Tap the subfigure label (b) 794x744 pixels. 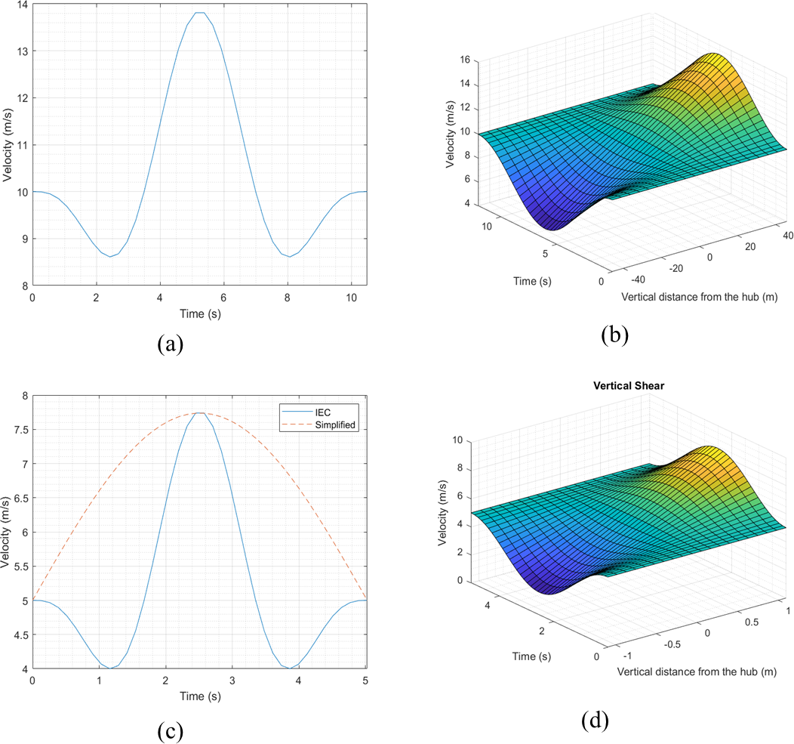point(614,334)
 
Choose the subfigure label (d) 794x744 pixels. point(595,721)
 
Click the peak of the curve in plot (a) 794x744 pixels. point(199,13)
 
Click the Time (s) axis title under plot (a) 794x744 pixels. point(199,313)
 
